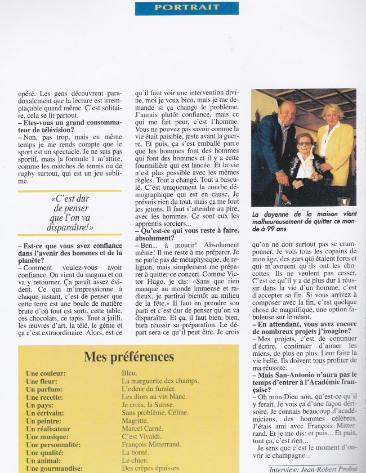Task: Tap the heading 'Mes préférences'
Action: coord(128,356)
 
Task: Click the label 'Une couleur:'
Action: coord(46,373)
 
